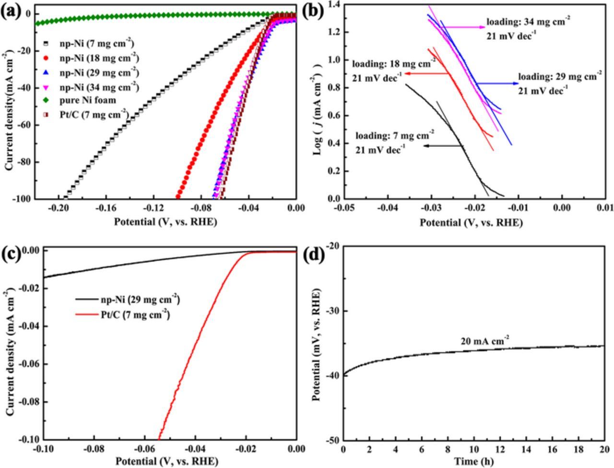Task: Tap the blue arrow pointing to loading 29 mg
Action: tap(496, 84)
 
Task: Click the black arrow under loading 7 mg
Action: tap(436, 146)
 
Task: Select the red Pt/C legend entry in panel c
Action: tap(123, 314)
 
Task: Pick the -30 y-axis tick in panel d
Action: tap(332, 311)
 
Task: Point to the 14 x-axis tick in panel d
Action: tap(526, 449)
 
